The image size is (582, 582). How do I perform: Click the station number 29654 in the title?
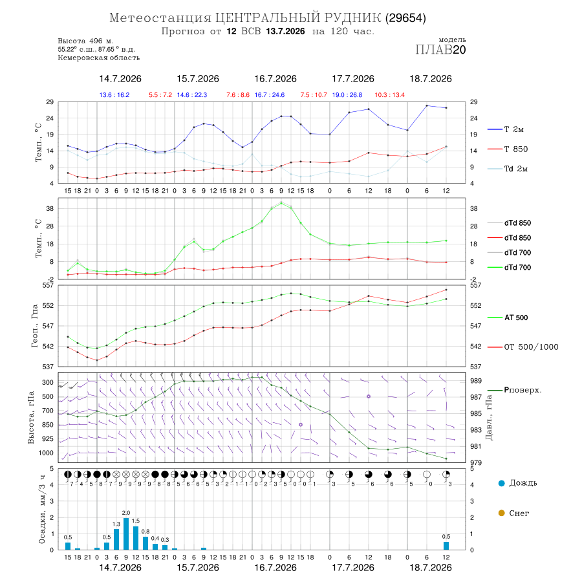(405, 18)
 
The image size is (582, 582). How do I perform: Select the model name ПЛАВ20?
(440, 50)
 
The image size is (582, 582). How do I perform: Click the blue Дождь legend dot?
(501, 483)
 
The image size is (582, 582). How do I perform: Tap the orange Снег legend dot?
(501, 513)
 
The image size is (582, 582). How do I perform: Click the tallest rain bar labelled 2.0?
(126, 533)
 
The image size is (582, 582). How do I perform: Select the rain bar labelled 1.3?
(116, 539)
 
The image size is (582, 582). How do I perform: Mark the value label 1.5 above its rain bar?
(136, 521)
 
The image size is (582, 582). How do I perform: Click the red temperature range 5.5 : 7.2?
(160, 95)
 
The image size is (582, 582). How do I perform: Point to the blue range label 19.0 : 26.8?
(347, 95)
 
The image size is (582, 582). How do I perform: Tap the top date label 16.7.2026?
(275, 79)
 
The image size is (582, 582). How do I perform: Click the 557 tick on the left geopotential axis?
(48, 285)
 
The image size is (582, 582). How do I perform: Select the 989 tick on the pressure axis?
(476, 381)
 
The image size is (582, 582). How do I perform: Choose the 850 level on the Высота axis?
(47, 425)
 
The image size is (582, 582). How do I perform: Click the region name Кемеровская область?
(99, 58)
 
